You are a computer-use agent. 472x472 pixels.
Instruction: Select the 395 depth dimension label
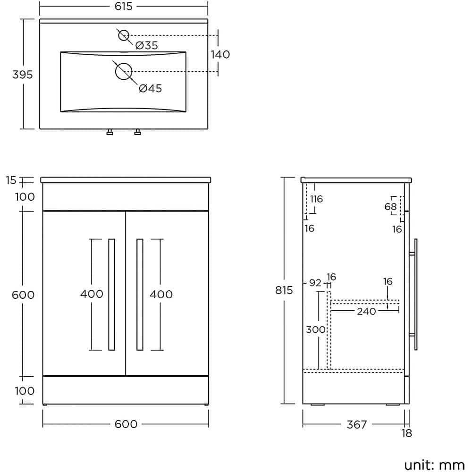(x=22, y=74)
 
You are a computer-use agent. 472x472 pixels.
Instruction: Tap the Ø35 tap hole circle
(x=124, y=35)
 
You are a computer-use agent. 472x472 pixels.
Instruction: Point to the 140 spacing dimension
(x=220, y=54)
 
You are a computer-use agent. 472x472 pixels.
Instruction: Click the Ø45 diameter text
(x=151, y=88)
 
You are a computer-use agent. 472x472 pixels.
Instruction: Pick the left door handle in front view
(x=111, y=295)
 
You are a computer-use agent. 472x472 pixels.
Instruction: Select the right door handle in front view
(x=140, y=295)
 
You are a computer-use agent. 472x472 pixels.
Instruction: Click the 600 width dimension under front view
(x=126, y=424)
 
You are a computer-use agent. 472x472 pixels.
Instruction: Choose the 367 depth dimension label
(x=356, y=424)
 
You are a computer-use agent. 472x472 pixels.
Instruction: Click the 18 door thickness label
(x=406, y=433)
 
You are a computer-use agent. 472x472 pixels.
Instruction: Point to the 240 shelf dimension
(x=366, y=311)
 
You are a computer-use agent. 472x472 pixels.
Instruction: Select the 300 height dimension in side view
(x=315, y=329)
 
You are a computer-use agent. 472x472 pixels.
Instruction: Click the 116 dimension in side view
(x=316, y=199)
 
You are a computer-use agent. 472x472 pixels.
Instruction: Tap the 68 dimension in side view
(x=390, y=206)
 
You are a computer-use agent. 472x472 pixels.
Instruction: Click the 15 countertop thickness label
(x=11, y=180)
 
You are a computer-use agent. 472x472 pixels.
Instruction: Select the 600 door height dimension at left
(x=23, y=295)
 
